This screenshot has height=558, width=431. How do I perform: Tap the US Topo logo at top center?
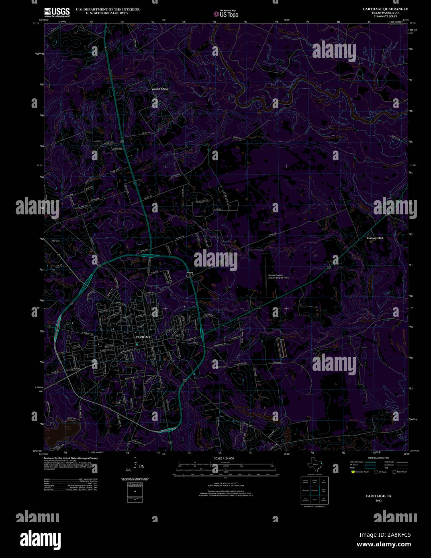pos(226,14)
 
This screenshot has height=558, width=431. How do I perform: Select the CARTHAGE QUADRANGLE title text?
pos(385,9)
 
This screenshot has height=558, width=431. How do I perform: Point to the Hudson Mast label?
pos(375,238)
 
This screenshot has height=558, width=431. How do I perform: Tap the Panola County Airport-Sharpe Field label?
pos(278,276)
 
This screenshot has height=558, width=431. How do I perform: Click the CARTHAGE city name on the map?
pos(143,337)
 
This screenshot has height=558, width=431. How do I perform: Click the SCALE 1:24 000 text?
pos(224,458)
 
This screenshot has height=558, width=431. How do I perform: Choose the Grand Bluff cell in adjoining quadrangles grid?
pos(315,481)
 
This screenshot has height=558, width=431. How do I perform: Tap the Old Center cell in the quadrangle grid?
pos(324,499)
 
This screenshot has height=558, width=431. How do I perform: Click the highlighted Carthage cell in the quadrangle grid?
pos(315,490)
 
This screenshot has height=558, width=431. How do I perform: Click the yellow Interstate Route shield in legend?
pos(353,472)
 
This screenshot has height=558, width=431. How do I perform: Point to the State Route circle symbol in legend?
pos(394,472)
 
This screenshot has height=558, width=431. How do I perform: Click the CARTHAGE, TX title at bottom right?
pos(378,496)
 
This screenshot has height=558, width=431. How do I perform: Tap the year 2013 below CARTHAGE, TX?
pos(378,501)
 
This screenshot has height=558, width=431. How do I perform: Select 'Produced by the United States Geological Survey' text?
pos(71,458)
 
